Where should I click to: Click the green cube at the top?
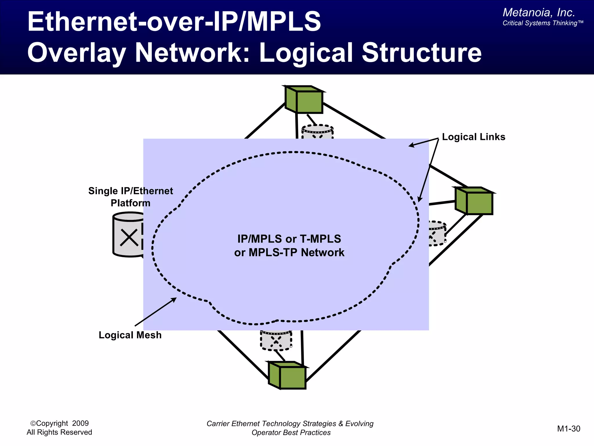point(304,100)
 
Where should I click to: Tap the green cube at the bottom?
point(287,375)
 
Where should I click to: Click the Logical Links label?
point(473,137)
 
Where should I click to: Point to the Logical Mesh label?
point(130,335)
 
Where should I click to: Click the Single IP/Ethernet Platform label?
point(131,197)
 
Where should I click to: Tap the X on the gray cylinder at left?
point(129,238)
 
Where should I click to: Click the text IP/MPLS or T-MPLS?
point(289,239)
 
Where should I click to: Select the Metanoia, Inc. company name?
point(539,12)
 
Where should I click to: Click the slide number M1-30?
point(568,429)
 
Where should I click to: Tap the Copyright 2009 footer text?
point(59,423)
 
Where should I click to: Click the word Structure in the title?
point(421,53)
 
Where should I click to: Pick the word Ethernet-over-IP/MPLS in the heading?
point(174,21)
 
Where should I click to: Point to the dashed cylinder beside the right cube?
point(437,233)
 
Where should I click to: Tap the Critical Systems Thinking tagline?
point(542,23)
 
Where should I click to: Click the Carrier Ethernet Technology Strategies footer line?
point(290,423)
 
